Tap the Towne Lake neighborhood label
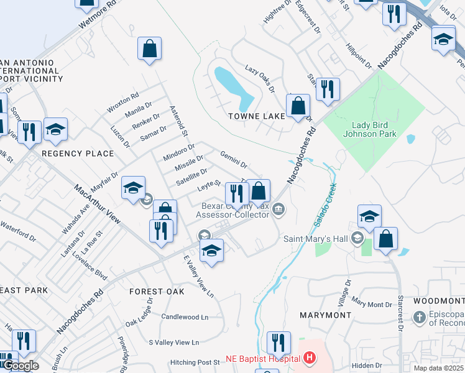pos(256,116)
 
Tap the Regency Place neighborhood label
pos(78,154)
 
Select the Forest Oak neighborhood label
pos(157,292)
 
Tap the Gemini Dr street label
pos(234,159)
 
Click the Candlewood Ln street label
pos(185,317)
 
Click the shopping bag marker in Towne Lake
pos(299,107)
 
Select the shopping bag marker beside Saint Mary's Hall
pos(385,239)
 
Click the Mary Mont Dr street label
pos(371,303)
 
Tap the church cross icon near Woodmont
pos(420,318)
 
